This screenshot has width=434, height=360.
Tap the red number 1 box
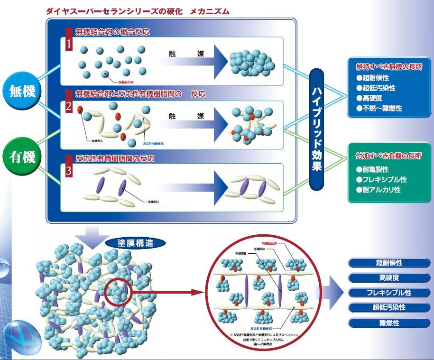[x=69, y=44]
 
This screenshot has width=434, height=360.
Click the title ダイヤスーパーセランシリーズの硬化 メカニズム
[x=138, y=11]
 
